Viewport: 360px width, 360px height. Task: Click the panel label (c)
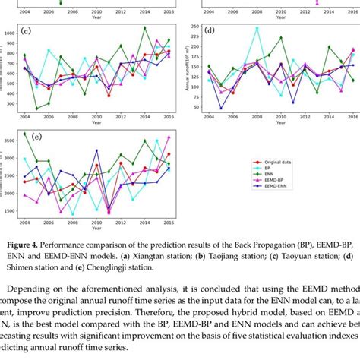[x=27, y=32]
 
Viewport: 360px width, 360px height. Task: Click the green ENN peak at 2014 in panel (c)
[x=145, y=28]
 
